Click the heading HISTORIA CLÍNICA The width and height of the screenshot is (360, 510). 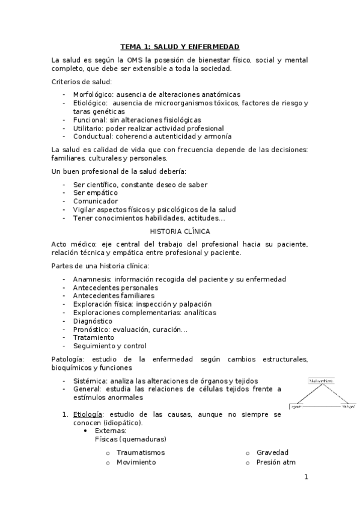(x=180, y=231)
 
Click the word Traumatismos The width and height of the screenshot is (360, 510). (x=140, y=452)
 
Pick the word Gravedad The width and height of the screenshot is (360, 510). (x=272, y=452)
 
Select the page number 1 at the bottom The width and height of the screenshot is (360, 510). (x=306, y=478)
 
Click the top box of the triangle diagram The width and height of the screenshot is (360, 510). (x=321, y=381)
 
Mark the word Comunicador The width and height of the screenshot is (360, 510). (x=96, y=201)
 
